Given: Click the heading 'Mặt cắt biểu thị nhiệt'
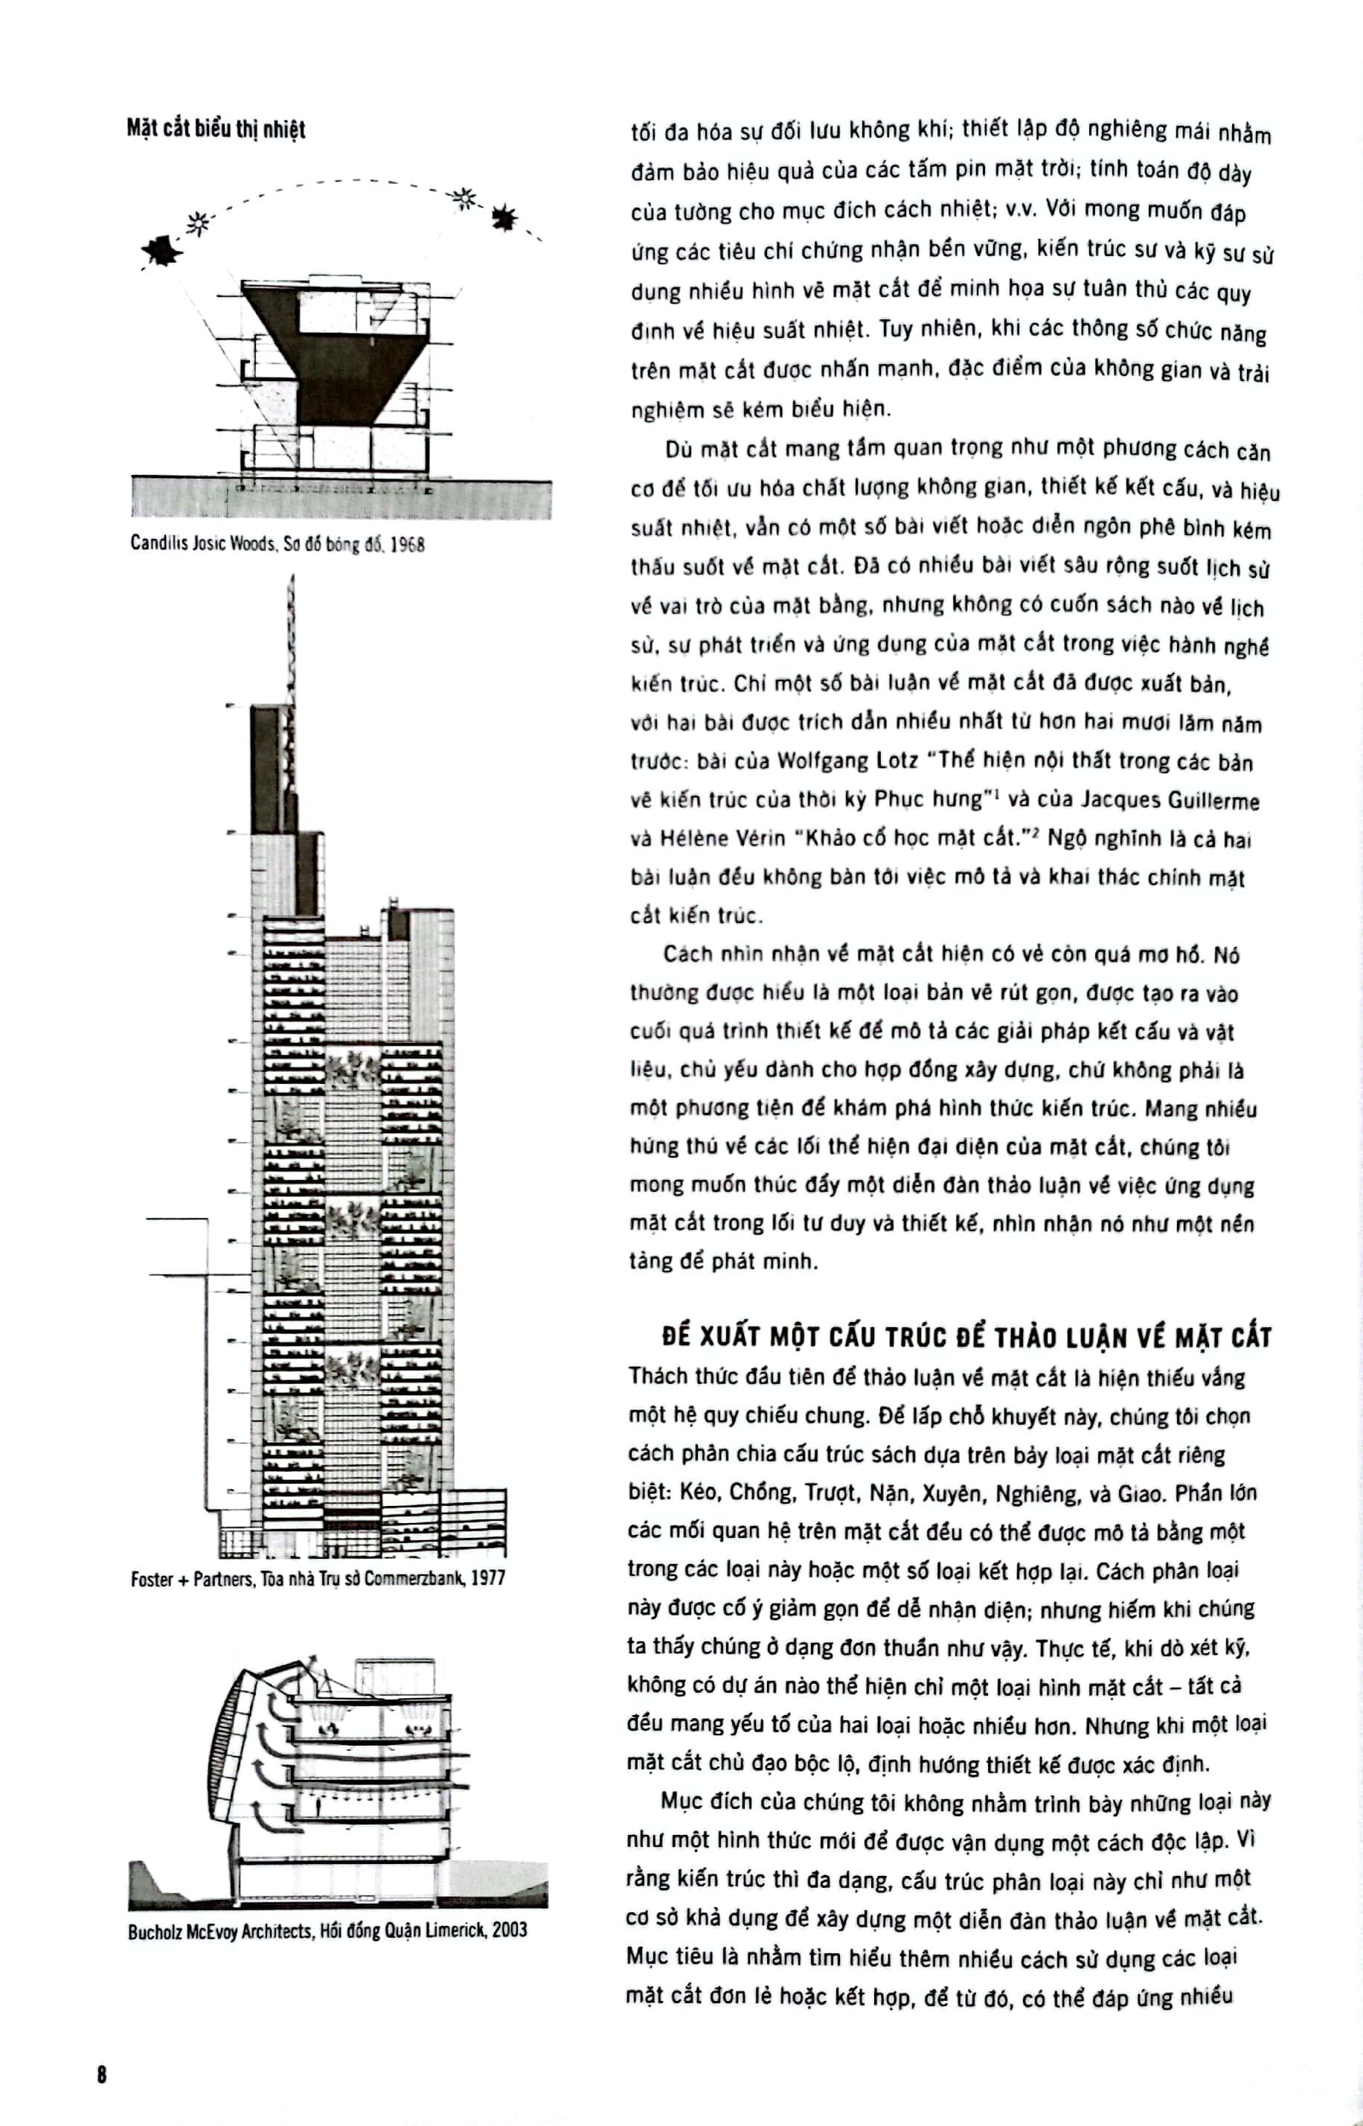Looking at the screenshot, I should point(215,130).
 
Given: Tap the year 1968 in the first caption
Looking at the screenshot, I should point(407,543).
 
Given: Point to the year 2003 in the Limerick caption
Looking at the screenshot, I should point(509,1930).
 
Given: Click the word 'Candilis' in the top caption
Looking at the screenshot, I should point(158,543).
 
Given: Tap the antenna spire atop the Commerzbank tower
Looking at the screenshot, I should point(290,637).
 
